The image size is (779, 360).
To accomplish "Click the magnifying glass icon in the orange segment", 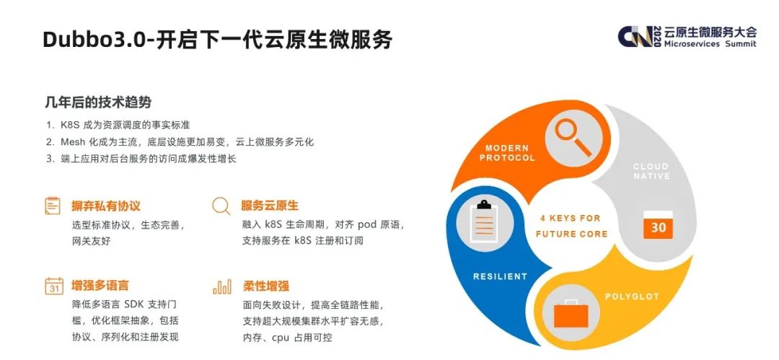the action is tap(572, 138).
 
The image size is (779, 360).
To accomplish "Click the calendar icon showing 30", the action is tap(658, 225).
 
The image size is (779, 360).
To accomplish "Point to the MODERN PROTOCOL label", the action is tap(507, 153).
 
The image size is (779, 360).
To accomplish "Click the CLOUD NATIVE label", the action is tap(651, 171).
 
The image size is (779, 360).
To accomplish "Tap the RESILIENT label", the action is tap(500, 276).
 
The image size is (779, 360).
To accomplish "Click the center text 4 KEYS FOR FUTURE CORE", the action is tap(571, 226).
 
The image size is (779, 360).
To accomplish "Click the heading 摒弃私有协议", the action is tap(106, 206).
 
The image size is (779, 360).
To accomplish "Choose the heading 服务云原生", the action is tap(270, 206).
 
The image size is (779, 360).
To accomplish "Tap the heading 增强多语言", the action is tap(100, 286).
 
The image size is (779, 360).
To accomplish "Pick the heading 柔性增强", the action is tap(265, 286).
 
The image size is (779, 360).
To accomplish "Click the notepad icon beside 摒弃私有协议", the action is tap(53, 206).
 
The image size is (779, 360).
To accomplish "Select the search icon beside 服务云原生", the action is tap(221, 206).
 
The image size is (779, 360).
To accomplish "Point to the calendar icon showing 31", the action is tap(54, 286).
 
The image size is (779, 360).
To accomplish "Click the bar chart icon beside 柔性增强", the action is tap(222, 286).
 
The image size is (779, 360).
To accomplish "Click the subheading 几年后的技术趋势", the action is tap(98, 102).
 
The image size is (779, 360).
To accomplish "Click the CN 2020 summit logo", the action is tap(687, 37).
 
